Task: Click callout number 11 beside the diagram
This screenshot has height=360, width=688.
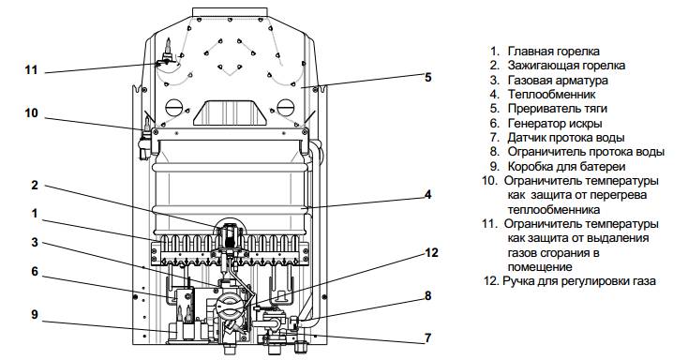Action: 31,69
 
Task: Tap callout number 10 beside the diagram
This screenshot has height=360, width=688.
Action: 31,113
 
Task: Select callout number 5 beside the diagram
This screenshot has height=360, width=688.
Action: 427,78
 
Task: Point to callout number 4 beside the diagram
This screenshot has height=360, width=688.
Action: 427,194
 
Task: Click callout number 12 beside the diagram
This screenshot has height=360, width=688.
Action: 432,253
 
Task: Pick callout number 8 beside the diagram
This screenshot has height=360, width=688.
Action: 427,296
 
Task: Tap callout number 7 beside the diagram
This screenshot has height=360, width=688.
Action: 427,338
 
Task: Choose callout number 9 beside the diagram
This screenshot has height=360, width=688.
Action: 35,315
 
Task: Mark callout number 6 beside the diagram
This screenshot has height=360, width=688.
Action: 35,272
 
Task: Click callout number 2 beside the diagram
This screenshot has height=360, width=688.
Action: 35,186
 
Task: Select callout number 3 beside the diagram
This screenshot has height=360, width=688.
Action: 35,242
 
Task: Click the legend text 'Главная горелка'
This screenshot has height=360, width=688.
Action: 554,52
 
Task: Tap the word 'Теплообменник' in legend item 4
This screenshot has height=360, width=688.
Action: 551,94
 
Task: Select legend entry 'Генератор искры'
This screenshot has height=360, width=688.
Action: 555,124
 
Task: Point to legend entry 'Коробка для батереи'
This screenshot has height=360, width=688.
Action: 566,167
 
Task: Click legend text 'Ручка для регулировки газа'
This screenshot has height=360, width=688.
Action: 579,281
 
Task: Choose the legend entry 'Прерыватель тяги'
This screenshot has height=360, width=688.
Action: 558,109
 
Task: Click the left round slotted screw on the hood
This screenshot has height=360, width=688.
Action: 173,108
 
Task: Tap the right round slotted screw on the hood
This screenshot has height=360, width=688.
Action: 285,108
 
